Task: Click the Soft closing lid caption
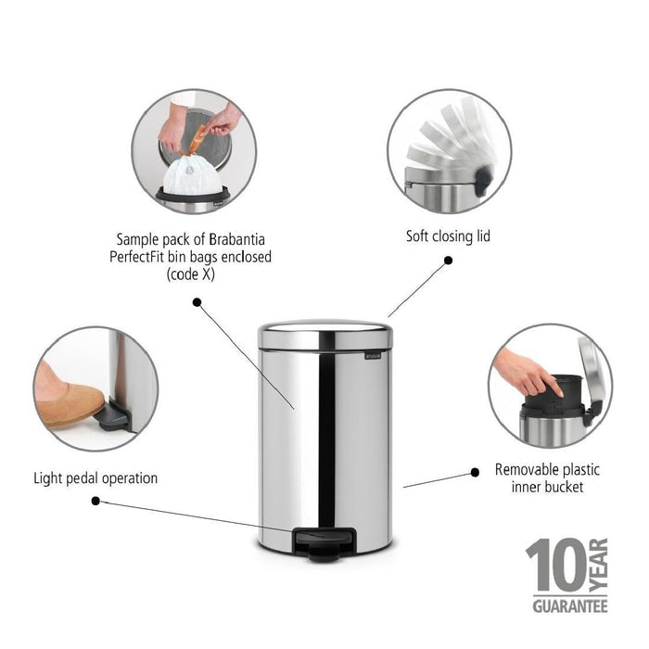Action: [x=448, y=236]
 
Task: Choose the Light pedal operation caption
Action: [x=95, y=478]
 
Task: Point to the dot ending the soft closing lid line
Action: [x=448, y=261]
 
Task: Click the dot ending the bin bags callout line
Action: [x=197, y=301]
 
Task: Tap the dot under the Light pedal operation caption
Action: [x=95, y=501]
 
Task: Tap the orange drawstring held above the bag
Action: [x=196, y=139]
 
